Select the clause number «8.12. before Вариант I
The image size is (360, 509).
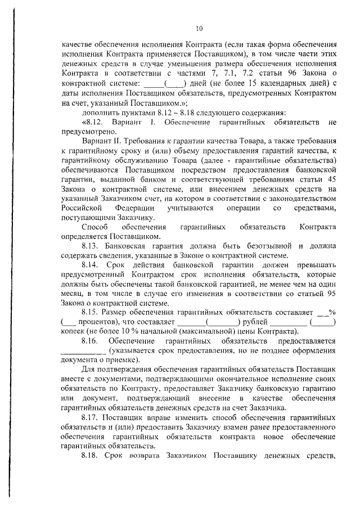point(93,122)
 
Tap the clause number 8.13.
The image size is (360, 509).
point(91,246)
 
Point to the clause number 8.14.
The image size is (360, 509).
point(91,264)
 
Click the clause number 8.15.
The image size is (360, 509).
point(91,312)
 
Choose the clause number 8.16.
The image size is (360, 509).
point(91,340)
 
